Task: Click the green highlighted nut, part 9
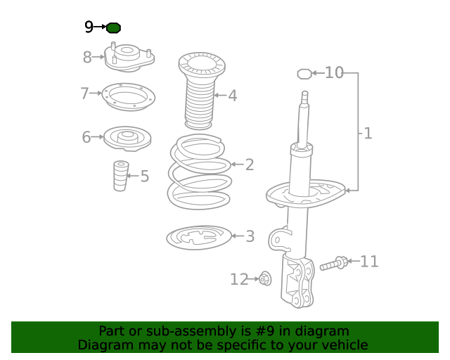(x=114, y=27)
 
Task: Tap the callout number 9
(x=89, y=27)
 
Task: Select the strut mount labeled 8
(x=129, y=58)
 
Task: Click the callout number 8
(x=87, y=58)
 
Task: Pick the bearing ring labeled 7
(x=129, y=96)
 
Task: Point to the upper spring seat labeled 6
(x=127, y=137)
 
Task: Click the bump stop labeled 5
(x=121, y=176)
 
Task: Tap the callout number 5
(x=144, y=176)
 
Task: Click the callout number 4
(x=232, y=96)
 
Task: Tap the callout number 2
(x=250, y=165)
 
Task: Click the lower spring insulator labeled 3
(x=199, y=238)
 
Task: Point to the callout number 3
(x=250, y=236)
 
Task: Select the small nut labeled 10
(x=304, y=72)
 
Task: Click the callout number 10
(x=334, y=72)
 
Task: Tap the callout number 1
(x=368, y=132)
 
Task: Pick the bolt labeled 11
(x=333, y=264)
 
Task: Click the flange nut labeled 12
(x=265, y=279)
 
